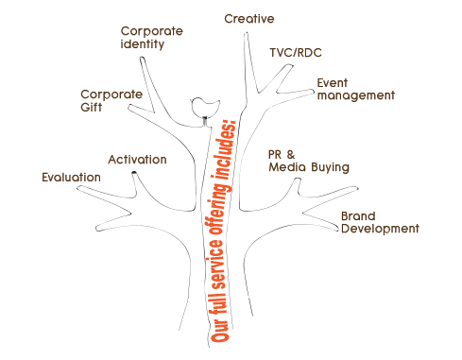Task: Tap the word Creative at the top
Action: click(249, 19)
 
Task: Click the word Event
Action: click(334, 82)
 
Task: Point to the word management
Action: click(355, 95)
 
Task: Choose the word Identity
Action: click(143, 44)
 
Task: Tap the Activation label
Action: click(137, 160)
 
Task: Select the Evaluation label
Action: click(72, 176)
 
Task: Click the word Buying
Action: click(329, 168)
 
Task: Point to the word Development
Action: click(379, 230)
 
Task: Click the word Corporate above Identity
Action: click(151, 31)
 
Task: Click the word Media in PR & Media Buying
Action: click(286, 168)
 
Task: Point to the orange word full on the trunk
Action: click(220, 302)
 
